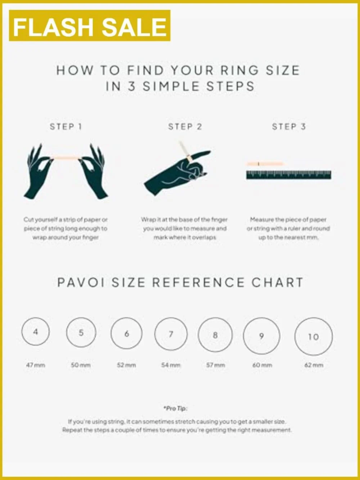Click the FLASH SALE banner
click(x=90, y=25)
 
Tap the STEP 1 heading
click(x=66, y=127)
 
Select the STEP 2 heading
click(x=185, y=127)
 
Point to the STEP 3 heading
click(x=289, y=127)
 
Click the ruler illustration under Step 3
click(x=289, y=175)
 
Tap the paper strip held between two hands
click(x=66, y=157)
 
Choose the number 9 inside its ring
click(x=261, y=336)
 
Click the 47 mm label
click(x=36, y=365)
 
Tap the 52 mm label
click(x=126, y=365)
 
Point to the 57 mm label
click(x=216, y=365)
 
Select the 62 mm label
click(x=314, y=365)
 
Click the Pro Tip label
click(x=175, y=408)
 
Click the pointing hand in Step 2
click(x=177, y=173)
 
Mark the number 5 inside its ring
click(x=81, y=333)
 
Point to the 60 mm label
click(x=262, y=365)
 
